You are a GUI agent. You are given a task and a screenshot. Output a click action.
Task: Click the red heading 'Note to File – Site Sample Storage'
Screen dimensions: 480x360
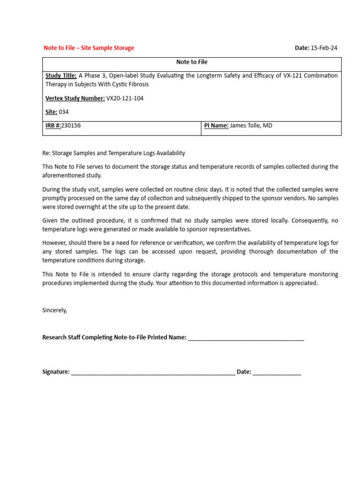pos(89,48)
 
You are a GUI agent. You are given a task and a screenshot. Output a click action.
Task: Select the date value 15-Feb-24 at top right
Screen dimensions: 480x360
pos(324,48)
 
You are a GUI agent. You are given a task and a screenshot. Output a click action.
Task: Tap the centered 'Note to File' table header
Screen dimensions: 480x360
pos(192,62)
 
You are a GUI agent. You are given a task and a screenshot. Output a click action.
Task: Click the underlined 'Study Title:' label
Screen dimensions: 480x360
pos(61,75)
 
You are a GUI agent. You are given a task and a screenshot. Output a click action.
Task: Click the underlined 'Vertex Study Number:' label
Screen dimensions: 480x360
pos(75,98)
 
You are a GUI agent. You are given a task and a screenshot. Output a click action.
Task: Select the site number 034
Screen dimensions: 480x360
pos(64,112)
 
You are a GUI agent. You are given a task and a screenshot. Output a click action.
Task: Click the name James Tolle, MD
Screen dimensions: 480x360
pos(251,126)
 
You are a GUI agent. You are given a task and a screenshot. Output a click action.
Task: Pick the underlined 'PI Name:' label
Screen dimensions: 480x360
pos(216,126)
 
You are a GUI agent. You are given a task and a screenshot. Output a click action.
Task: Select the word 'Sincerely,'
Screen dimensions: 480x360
pos(55,310)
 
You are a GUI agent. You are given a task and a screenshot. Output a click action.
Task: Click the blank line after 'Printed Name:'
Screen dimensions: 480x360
pos(246,338)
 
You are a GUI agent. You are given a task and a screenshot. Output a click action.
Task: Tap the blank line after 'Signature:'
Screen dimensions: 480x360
pos(153,372)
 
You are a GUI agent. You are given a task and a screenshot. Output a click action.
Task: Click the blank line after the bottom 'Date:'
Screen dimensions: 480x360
pos(277,372)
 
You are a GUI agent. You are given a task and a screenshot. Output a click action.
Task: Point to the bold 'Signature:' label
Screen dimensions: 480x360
pos(56,372)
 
